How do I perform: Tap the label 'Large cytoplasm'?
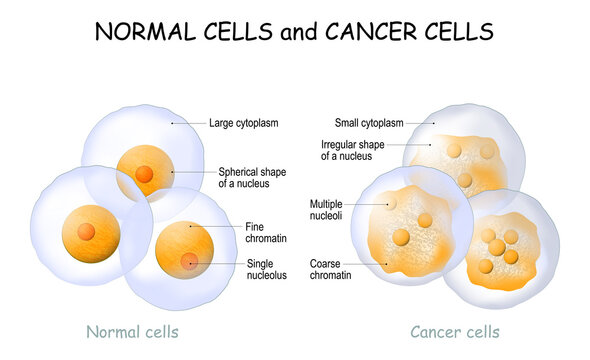coord(243,124)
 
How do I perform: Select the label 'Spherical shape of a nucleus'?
coord(252,177)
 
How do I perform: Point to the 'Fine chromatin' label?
coord(264,232)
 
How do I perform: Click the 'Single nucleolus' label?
coord(266,268)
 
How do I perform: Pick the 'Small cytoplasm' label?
coord(368,123)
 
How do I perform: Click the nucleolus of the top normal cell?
coord(144,174)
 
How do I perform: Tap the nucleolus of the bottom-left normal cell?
coord(87,232)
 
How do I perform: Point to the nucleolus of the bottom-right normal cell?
coord(190,261)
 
